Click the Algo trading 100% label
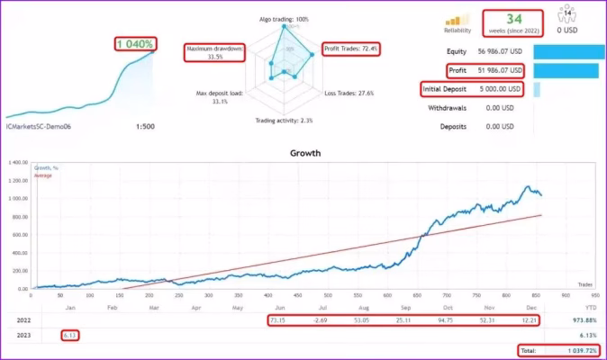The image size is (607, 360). [283, 18]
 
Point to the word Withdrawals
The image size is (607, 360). [455, 108]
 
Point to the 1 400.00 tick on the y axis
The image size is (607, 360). [16, 163]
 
